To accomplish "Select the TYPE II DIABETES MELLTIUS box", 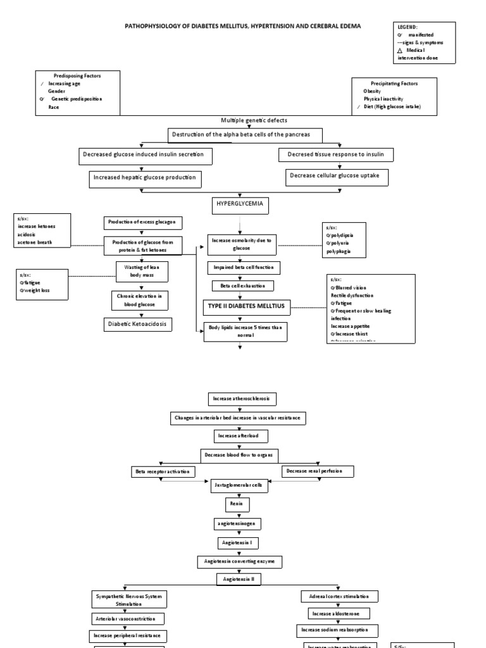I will pyautogui.click(x=246, y=306).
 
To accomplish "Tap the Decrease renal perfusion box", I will pyautogui.click(x=318, y=471).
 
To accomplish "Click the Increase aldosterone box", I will pyautogui.click(x=338, y=613).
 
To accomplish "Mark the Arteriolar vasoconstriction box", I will pyautogui.click(x=129, y=618).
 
